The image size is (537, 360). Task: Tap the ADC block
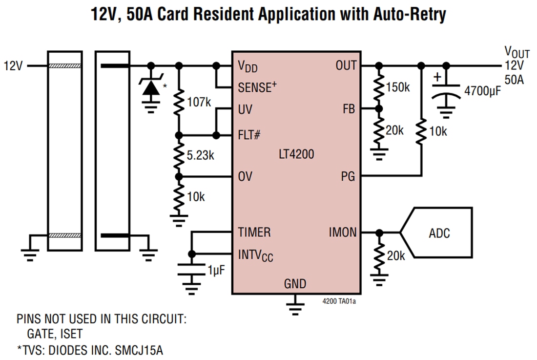pyautogui.click(x=439, y=233)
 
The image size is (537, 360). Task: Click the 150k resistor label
pyautogui.click(x=398, y=88)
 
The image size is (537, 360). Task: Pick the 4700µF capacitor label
pyautogui.click(x=482, y=91)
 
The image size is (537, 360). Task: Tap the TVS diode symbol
pyautogui.click(x=151, y=87)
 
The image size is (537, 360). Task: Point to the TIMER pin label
pyautogui.click(x=254, y=233)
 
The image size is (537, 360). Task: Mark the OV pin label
pyautogui.click(x=245, y=176)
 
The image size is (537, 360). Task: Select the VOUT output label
pyautogui.click(x=516, y=52)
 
